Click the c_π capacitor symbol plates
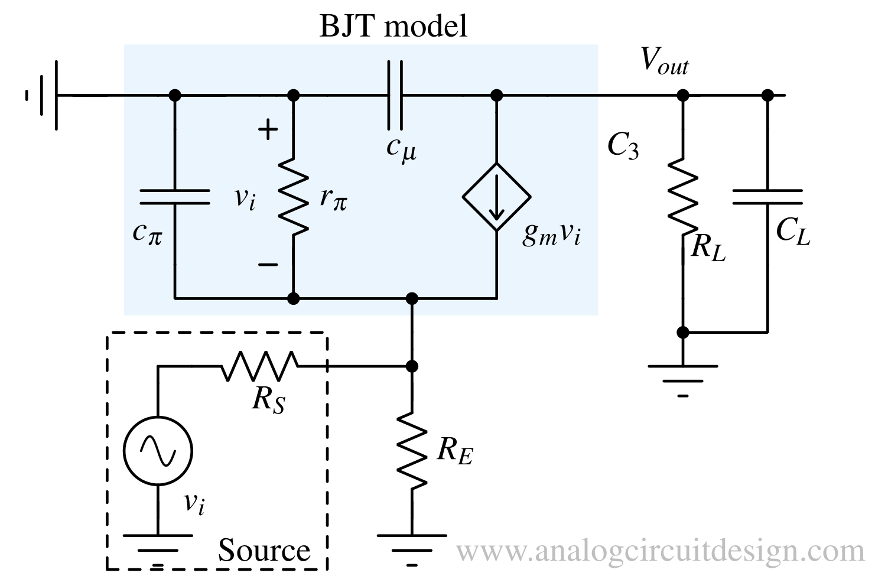(x=174, y=197)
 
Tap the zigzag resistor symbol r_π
(x=293, y=196)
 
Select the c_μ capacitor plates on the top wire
(x=395, y=95)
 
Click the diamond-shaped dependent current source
(x=496, y=197)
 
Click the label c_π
(x=147, y=233)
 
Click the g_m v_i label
(x=551, y=235)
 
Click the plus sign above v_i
(x=268, y=129)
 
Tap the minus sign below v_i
(x=268, y=265)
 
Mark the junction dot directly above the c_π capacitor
(x=174, y=95)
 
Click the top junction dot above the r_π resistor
(x=293, y=95)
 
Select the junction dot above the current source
(x=496, y=95)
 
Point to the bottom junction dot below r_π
(x=293, y=298)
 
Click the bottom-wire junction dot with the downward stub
(x=412, y=298)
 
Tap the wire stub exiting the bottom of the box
(x=412, y=309)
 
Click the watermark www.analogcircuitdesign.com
(x=660, y=551)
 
